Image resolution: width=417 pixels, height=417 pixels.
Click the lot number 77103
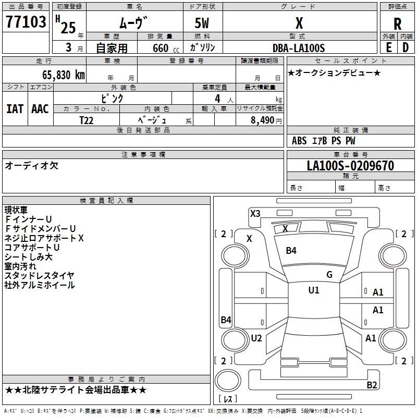click(x=26, y=22)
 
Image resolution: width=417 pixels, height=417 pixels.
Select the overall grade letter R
click(x=397, y=24)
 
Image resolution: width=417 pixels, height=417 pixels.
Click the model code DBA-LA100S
click(x=299, y=48)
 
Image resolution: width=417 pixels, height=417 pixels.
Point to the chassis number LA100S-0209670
click(x=350, y=166)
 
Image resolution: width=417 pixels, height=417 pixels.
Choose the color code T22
click(x=87, y=120)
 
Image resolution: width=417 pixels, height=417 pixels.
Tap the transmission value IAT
click(x=15, y=108)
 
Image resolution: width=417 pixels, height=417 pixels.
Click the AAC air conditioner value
click(x=40, y=108)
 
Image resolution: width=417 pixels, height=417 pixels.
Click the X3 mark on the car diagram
click(x=255, y=213)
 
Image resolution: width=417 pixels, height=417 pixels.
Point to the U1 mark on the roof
click(x=313, y=290)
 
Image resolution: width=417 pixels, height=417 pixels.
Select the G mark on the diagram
click(x=329, y=275)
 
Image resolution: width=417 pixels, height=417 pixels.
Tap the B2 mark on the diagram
click(x=372, y=385)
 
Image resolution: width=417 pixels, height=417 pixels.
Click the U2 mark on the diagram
click(x=256, y=338)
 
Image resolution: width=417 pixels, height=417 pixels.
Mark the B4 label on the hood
click(x=291, y=251)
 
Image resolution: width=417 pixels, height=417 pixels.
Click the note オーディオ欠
click(x=31, y=165)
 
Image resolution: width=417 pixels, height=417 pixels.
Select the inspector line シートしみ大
click(x=29, y=256)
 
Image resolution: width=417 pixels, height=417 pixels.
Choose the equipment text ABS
click(x=299, y=141)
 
